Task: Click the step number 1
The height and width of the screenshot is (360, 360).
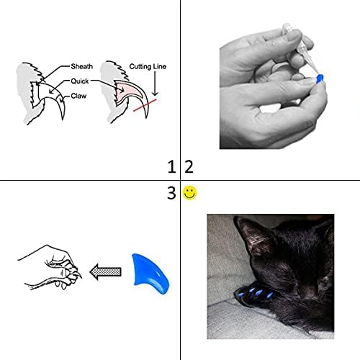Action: tap(171, 168)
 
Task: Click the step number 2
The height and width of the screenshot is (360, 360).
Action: tap(189, 168)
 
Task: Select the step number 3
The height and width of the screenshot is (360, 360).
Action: tap(171, 193)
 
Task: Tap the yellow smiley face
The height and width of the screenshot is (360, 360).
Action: tap(190, 193)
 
